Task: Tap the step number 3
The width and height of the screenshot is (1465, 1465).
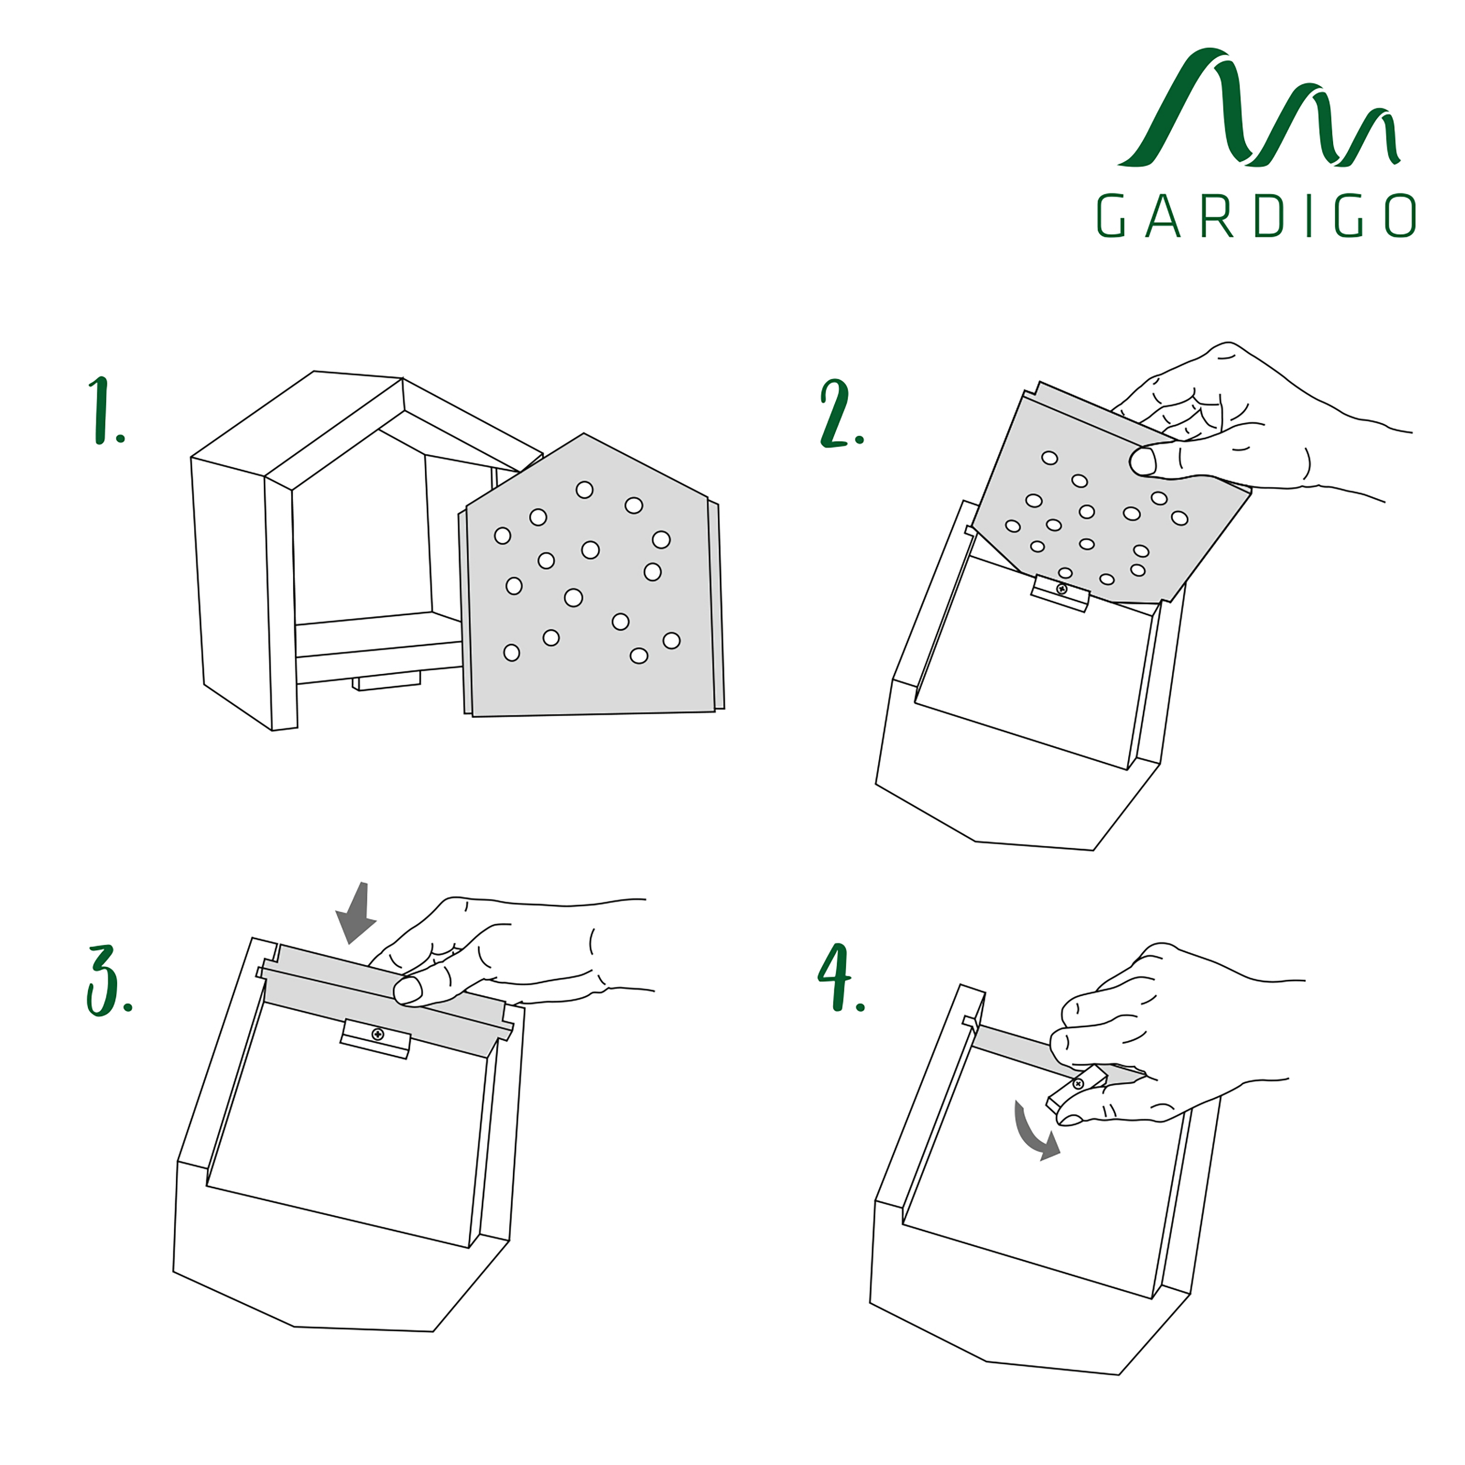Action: (x=103, y=980)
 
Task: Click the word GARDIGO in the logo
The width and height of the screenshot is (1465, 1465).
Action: (x=1256, y=216)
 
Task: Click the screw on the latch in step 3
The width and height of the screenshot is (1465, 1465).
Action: (x=378, y=1034)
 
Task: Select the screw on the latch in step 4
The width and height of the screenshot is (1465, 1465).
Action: (x=1078, y=1084)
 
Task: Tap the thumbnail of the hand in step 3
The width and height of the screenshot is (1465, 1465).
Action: (x=408, y=990)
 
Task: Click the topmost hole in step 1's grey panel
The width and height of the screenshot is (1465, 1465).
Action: (x=584, y=490)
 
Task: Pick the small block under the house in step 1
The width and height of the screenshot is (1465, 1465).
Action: (x=387, y=680)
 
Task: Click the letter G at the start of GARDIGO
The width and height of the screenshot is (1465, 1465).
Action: (x=1111, y=216)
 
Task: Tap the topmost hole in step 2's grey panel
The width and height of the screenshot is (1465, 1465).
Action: (x=1049, y=458)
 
